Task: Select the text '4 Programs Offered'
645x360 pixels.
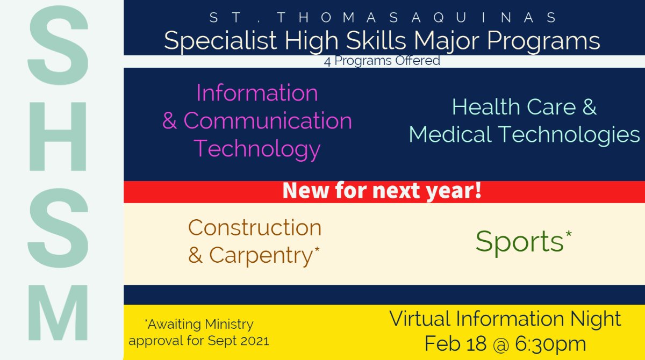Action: (382, 61)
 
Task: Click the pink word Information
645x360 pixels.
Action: (257, 93)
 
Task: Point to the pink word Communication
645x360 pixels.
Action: (268, 121)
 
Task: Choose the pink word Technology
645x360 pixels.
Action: (257, 148)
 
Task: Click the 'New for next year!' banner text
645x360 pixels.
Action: (382, 191)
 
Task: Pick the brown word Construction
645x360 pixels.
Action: (255, 228)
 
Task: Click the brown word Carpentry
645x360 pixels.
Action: (260, 255)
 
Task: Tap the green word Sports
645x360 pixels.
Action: (519, 242)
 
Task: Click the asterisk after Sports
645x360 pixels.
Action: (568, 234)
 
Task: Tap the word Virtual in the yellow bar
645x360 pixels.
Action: (419, 319)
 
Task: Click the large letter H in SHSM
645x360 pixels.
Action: (58, 131)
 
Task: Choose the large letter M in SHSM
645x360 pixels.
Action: (58, 313)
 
